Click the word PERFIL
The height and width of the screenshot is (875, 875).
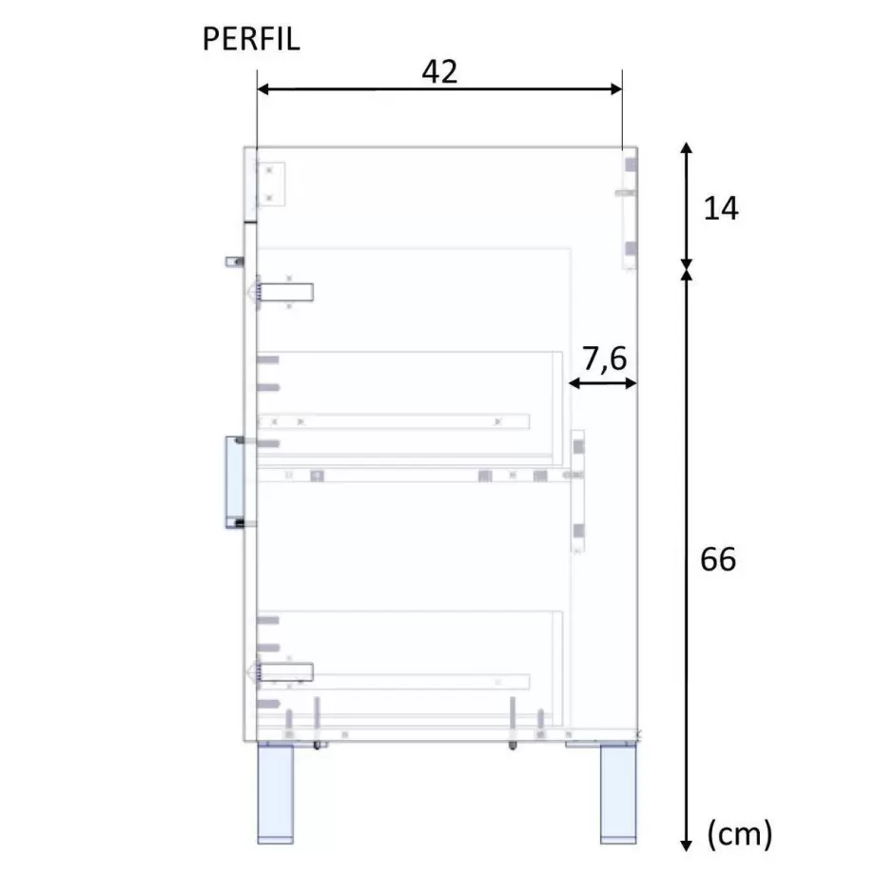click(251, 39)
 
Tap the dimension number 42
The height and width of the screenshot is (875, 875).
click(439, 71)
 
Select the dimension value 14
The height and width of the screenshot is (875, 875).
click(721, 208)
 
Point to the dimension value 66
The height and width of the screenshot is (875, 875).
click(718, 559)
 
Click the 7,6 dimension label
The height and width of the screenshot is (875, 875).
click(604, 359)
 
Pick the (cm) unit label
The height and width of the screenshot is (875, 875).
click(740, 835)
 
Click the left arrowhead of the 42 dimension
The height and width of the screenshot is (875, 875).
click(263, 89)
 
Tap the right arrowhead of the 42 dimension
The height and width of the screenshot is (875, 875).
click(616, 89)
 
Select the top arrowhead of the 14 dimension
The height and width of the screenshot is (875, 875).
click(687, 147)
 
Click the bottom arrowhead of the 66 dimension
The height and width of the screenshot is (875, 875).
click(687, 846)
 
